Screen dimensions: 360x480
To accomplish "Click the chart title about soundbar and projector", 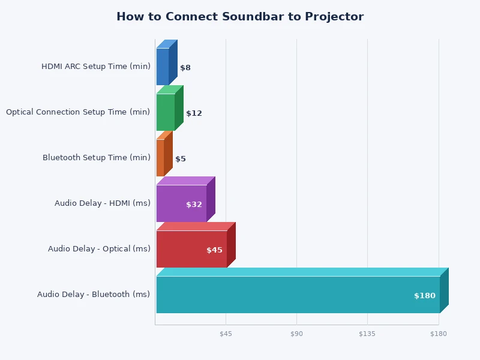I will pyautogui.click(x=240, y=17).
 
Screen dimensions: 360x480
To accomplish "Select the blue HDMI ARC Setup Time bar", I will pyautogui.click(x=163, y=67).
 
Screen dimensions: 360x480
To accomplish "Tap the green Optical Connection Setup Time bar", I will pyautogui.click(x=166, y=112).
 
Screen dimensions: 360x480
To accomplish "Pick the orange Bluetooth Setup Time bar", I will pyautogui.click(x=160, y=158).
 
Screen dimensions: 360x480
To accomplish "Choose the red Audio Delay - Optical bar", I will pyautogui.click(x=191, y=249).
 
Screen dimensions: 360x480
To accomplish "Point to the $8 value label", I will pyautogui.click(x=185, y=68).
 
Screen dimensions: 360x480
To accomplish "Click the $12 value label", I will pyautogui.click(x=194, y=113).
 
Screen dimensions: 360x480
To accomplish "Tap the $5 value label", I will pyautogui.click(x=181, y=159).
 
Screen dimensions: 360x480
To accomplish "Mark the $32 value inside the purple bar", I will pyautogui.click(x=194, y=205).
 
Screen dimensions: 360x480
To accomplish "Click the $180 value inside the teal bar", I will pyautogui.click(x=425, y=296).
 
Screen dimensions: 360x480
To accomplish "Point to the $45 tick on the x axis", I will pyautogui.click(x=226, y=334).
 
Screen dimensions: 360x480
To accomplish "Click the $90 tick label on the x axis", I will pyautogui.click(x=296, y=334).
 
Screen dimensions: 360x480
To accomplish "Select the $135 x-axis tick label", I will pyautogui.click(x=367, y=334).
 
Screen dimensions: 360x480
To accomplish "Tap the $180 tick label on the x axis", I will pyautogui.click(x=438, y=334).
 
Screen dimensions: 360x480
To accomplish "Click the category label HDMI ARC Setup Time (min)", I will pyautogui.click(x=96, y=67).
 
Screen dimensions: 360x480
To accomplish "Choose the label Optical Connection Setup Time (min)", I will pyautogui.click(x=78, y=112).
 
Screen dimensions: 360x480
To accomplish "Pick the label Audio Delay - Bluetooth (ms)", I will pyautogui.click(x=94, y=295).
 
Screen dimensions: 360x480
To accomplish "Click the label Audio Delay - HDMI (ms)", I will pyautogui.click(x=103, y=203).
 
